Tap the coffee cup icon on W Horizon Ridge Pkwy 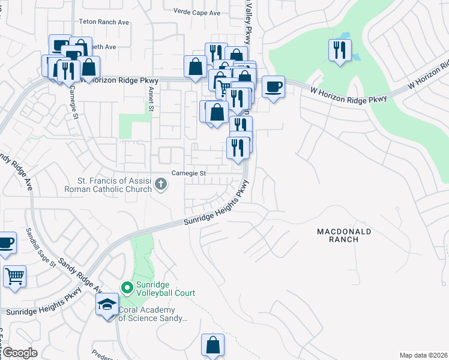[x=273, y=86]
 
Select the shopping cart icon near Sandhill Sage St [x=14, y=277]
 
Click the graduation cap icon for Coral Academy [x=107, y=305]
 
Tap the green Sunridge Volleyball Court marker [x=127, y=289]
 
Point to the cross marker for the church [x=160, y=185]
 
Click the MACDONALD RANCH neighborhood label [x=345, y=235]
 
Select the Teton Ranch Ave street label [x=104, y=22]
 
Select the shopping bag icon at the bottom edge [x=212, y=345]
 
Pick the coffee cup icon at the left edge [x=6, y=243]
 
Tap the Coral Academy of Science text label [x=152, y=315]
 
